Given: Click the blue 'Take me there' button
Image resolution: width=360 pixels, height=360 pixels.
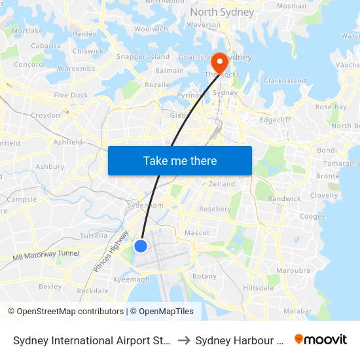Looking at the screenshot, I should (x=180, y=160).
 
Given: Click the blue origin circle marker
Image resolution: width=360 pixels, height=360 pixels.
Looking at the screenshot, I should (x=141, y=246).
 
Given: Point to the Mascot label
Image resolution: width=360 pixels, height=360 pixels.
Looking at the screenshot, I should (x=197, y=232).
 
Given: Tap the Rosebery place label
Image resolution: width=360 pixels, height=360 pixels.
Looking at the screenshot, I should (x=215, y=209).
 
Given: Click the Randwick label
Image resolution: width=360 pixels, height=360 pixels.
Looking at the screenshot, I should (x=284, y=198).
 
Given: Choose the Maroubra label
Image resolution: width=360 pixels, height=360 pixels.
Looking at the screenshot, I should (x=293, y=270).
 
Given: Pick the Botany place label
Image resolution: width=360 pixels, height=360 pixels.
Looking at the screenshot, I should (x=204, y=276).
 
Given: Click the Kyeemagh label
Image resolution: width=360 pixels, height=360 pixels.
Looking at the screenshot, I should (x=131, y=279).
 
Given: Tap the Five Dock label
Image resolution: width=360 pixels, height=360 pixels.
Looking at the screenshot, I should (x=71, y=95).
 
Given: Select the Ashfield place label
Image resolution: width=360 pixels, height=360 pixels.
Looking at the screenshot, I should (x=67, y=141).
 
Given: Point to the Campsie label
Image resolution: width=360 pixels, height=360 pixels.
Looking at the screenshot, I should (x=22, y=199).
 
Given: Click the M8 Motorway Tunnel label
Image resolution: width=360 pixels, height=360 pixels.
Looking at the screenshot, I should (x=45, y=255).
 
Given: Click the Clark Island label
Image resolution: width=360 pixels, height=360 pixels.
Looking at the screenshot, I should (x=285, y=81).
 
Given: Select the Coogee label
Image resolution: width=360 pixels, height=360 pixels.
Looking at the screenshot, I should (x=312, y=216).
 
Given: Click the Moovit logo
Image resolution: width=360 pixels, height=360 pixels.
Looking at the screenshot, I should (x=321, y=340).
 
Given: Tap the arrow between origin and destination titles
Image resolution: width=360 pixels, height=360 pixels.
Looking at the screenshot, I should (x=184, y=340).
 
